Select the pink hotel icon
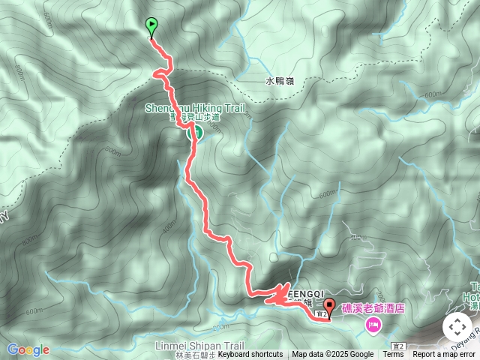tap(373, 325)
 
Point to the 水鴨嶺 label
tap(279, 80)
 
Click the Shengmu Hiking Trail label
tap(195, 108)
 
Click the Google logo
tap(28, 349)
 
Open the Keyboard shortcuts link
tap(250, 355)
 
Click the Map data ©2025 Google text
tap(332, 355)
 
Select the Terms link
tap(394, 355)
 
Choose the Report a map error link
tap(444, 355)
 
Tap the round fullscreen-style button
tap(457, 327)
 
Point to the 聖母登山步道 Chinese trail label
tap(195, 118)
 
